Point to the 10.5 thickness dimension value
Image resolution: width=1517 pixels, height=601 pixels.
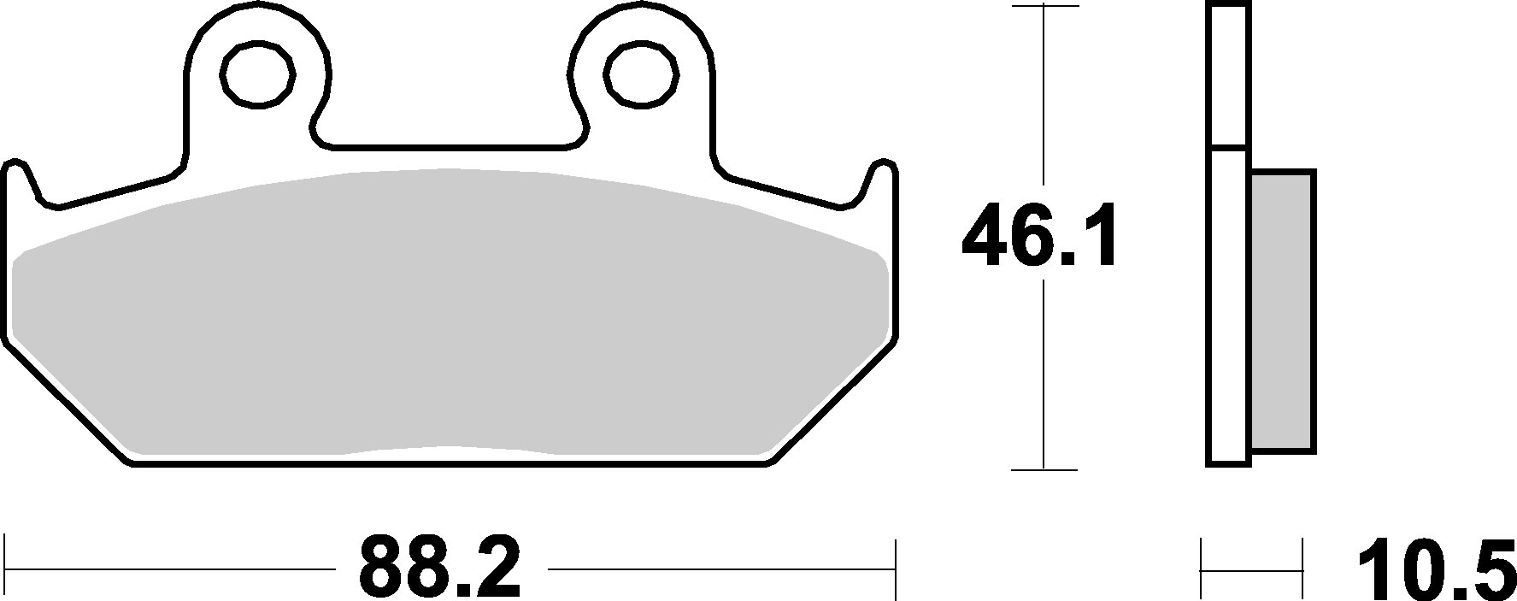1436,568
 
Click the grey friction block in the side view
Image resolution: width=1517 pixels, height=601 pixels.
1282,310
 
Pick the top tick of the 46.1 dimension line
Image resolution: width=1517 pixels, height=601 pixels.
1044,5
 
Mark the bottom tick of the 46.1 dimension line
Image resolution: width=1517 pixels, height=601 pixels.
1044,468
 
